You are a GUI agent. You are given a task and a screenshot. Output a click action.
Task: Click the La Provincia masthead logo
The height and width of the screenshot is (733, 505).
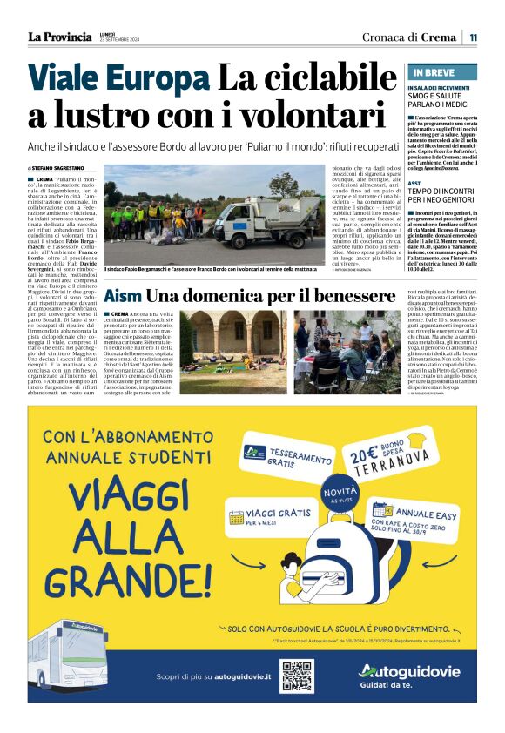pos(59,37)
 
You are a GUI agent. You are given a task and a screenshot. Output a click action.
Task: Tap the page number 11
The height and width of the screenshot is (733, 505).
pos(473,37)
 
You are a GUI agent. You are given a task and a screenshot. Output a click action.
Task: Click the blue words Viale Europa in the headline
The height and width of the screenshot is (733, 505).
pos(118,79)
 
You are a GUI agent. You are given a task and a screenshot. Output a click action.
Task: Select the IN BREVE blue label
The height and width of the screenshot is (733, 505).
pos(434,72)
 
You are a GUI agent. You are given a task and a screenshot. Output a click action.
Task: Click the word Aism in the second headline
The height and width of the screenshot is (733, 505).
pos(122,296)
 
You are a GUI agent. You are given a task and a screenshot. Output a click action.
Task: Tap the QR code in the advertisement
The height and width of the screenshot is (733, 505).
pos(296,676)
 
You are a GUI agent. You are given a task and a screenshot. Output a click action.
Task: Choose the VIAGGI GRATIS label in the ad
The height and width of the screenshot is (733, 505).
pos(263,518)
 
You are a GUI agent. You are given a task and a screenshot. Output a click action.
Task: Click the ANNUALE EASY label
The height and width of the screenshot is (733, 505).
pos(418,514)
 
